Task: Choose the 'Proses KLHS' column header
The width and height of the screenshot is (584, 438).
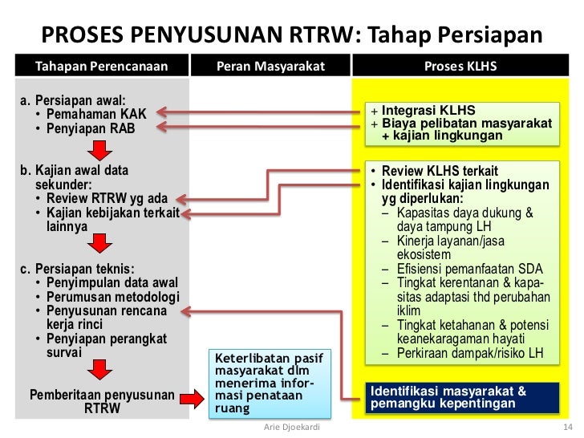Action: coord(460,65)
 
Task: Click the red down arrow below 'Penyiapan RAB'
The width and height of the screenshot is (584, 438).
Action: coord(98,150)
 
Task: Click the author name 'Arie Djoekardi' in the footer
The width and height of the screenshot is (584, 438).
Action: coord(291,428)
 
